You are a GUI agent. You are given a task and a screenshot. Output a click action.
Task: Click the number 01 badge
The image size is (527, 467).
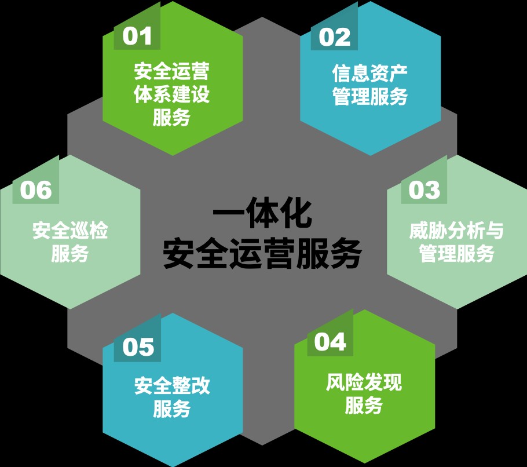(137, 37)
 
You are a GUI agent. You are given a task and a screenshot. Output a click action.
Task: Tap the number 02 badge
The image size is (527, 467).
(334, 37)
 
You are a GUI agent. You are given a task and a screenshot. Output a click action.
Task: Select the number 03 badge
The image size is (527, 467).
(424, 190)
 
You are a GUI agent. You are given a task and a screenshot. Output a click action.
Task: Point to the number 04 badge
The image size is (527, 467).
(330, 342)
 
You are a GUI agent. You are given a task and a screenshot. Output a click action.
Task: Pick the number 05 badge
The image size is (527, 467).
(137, 348)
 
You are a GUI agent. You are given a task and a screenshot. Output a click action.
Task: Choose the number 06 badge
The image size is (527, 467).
(36, 190)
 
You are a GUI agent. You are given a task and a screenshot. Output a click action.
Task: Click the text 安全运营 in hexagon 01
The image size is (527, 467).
(172, 71)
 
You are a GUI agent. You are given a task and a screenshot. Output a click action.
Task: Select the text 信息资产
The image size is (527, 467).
(369, 73)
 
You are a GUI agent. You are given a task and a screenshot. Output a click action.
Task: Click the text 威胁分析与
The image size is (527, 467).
(456, 231)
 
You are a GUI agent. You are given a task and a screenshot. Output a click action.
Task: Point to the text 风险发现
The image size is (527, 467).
(364, 382)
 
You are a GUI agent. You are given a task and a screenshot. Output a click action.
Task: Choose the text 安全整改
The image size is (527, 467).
(172, 386)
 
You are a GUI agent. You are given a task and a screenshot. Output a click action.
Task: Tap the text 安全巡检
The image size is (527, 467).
(70, 231)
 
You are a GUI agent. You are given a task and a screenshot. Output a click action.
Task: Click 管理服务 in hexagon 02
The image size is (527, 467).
(369, 96)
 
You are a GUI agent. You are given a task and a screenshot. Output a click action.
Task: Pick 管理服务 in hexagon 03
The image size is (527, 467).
(456, 254)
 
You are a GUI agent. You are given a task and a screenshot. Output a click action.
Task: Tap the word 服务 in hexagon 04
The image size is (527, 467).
(364, 405)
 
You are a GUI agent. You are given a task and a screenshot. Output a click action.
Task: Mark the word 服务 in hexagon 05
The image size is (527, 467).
(172, 408)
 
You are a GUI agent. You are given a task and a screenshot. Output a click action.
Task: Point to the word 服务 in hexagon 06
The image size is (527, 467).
(70, 254)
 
